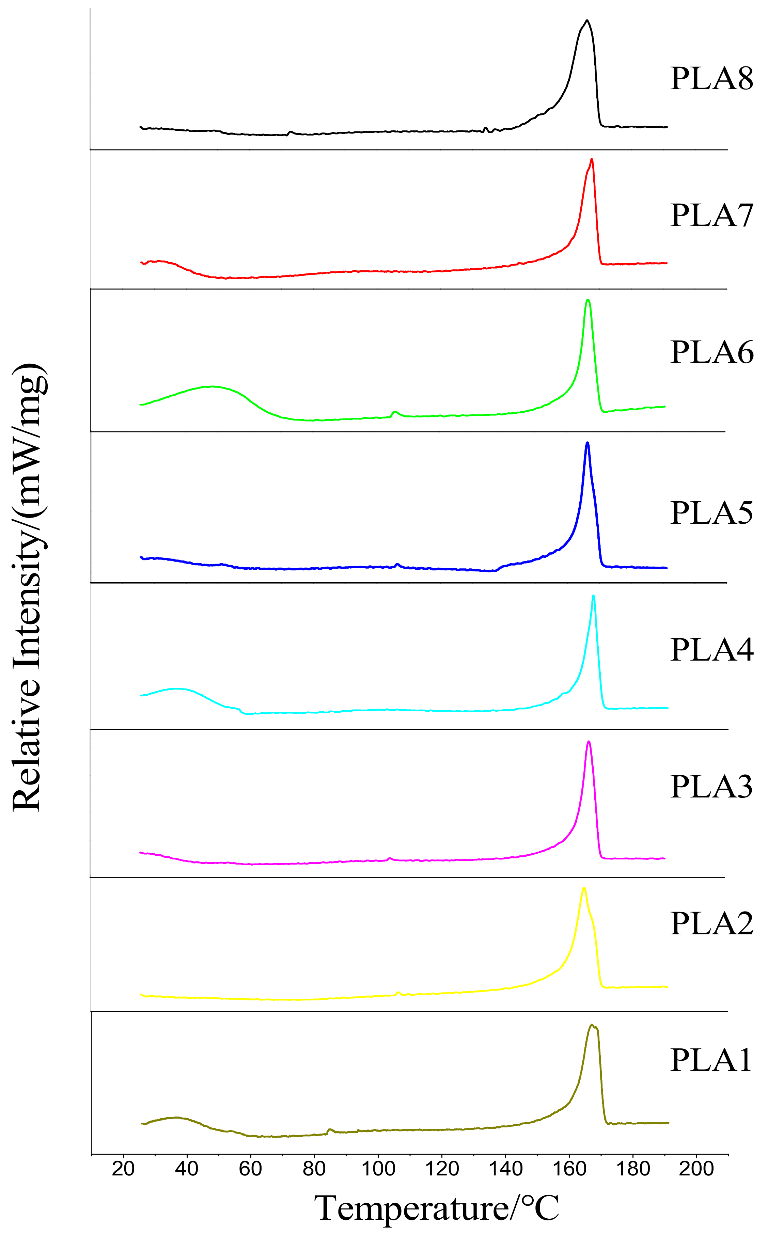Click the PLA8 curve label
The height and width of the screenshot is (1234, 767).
pos(711,79)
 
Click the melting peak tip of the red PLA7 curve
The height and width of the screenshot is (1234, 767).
pos(592,160)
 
